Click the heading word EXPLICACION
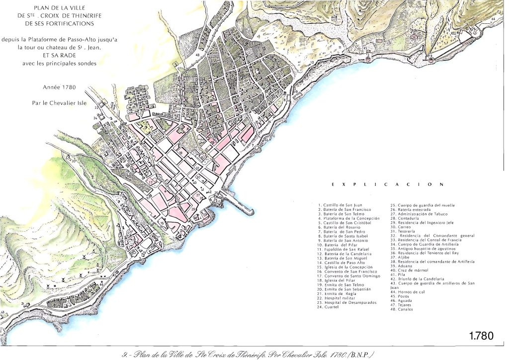pyautogui.click(x=387, y=184)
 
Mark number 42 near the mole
pyautogui.click(x=210, y=191)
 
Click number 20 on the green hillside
pyautogui.click(x=73, y=161)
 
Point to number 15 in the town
pyautogui.click(x=162, y=223)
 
